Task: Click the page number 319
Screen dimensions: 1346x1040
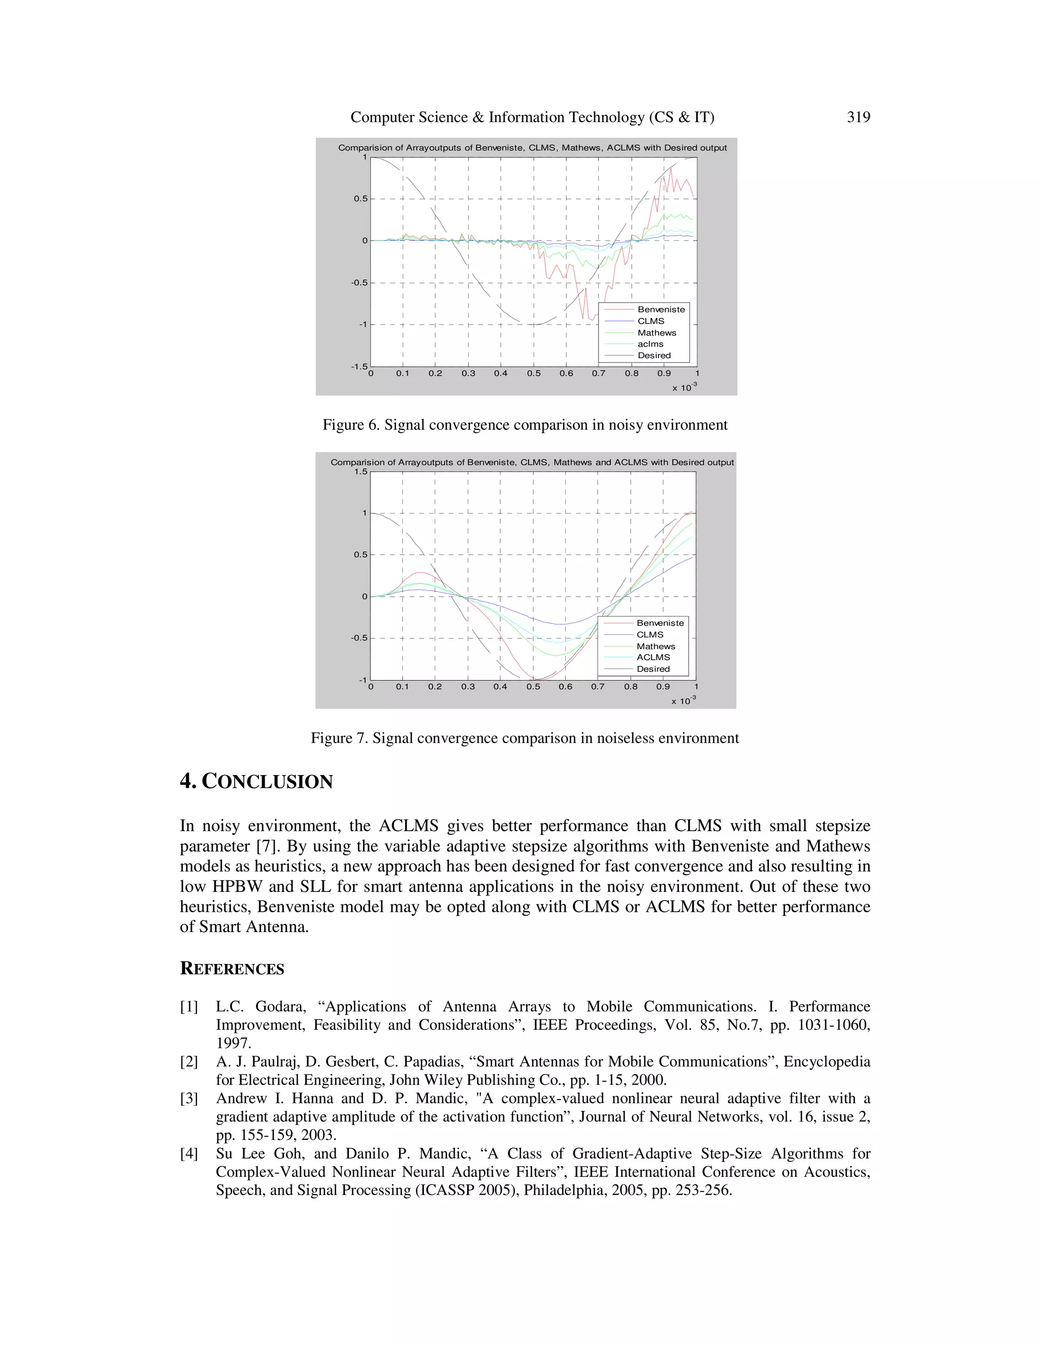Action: pos(858,117)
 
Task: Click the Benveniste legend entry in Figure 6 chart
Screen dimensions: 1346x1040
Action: pos(661,309)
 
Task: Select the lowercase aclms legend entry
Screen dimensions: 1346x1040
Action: pos(650,344)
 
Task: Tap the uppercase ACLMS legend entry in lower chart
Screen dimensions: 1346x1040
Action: pos(653,657)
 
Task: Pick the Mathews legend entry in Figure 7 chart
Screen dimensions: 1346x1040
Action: pos(656,646)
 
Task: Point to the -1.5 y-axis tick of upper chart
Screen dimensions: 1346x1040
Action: pos(359,367)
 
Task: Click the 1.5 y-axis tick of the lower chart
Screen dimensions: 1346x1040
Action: pos(361,471)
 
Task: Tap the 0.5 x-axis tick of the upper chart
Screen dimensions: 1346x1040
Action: pos(534,373)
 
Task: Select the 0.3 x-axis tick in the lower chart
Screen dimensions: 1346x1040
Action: pos(468,687)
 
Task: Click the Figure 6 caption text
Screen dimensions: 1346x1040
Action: pos(525,425)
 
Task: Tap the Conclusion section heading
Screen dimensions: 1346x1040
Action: pos(256,782)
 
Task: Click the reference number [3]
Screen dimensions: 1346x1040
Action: pos(189,1098)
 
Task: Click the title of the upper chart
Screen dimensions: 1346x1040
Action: pos(532,148)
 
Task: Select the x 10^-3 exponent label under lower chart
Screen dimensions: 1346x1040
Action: pos(684,701)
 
